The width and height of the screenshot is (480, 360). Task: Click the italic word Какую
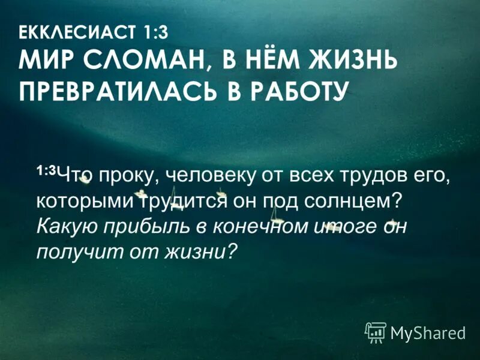tap(64, 227)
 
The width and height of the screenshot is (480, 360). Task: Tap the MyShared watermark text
tap(427, 332)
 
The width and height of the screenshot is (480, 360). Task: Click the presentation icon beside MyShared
tap(376, 331)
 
